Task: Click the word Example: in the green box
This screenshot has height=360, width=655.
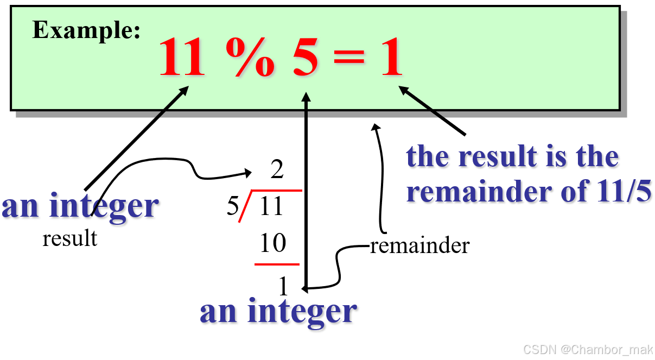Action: pos(87,30)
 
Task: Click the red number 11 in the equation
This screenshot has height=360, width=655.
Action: pos(182,58)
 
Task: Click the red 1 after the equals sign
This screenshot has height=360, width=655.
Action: pos(391,58)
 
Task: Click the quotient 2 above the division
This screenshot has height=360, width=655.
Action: pos(277,170)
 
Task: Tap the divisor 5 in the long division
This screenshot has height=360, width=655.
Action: pos(232,207)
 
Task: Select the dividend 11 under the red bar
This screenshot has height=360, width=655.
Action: pos(271,207)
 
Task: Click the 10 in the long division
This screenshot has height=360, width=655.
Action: pos(272,244)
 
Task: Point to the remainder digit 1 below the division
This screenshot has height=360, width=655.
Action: pos(283,286)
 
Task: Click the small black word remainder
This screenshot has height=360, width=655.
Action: pos(419,246)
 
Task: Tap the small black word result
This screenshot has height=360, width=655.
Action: pos(69,238)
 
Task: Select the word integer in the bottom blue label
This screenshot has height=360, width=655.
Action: pos(302,312)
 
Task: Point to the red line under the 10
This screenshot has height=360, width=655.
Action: pos(277,264)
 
